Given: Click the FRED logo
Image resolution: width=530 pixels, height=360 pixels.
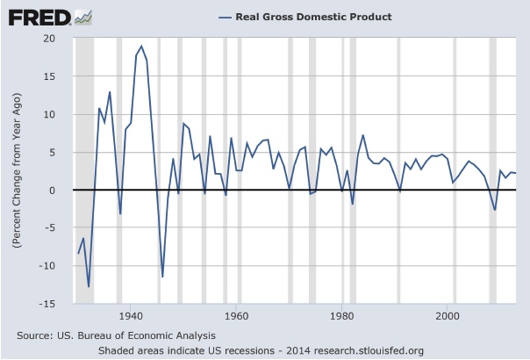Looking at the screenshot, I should pos(39,17).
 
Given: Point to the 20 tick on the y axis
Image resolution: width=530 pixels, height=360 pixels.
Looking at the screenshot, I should pos(52,39).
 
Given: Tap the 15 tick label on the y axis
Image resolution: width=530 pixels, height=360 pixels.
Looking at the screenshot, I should pos(52,76).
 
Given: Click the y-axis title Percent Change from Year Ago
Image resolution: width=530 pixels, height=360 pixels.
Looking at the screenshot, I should pos(18,171).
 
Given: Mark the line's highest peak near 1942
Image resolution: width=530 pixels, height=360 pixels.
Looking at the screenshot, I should pos(141,47).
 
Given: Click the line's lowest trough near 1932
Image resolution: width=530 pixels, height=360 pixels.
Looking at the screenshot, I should pos(89,286).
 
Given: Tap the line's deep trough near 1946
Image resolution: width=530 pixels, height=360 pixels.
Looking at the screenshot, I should pos(162,277).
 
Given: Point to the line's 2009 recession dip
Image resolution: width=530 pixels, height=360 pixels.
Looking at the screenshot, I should pos(495,210).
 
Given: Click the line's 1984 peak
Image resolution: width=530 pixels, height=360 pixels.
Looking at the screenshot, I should pos(363,135).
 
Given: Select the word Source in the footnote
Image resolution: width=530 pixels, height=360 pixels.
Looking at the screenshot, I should pos(34,335).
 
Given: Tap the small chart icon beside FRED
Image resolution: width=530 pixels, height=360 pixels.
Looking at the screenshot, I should pos(84,17).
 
